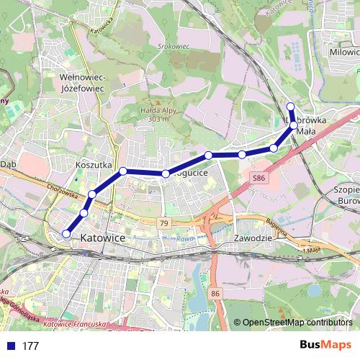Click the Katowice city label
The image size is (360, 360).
[103, 237]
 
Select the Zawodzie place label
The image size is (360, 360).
[252, 238]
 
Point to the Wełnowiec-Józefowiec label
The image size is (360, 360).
[83, 82]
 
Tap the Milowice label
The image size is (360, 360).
[343, 53]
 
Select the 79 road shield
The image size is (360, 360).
[165, 224]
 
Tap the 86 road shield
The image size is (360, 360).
[215, 294]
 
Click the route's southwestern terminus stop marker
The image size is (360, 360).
[66, 233]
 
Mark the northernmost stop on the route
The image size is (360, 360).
[290, 107]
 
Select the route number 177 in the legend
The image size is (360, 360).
[30, 346]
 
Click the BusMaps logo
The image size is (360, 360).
[325, 345]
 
